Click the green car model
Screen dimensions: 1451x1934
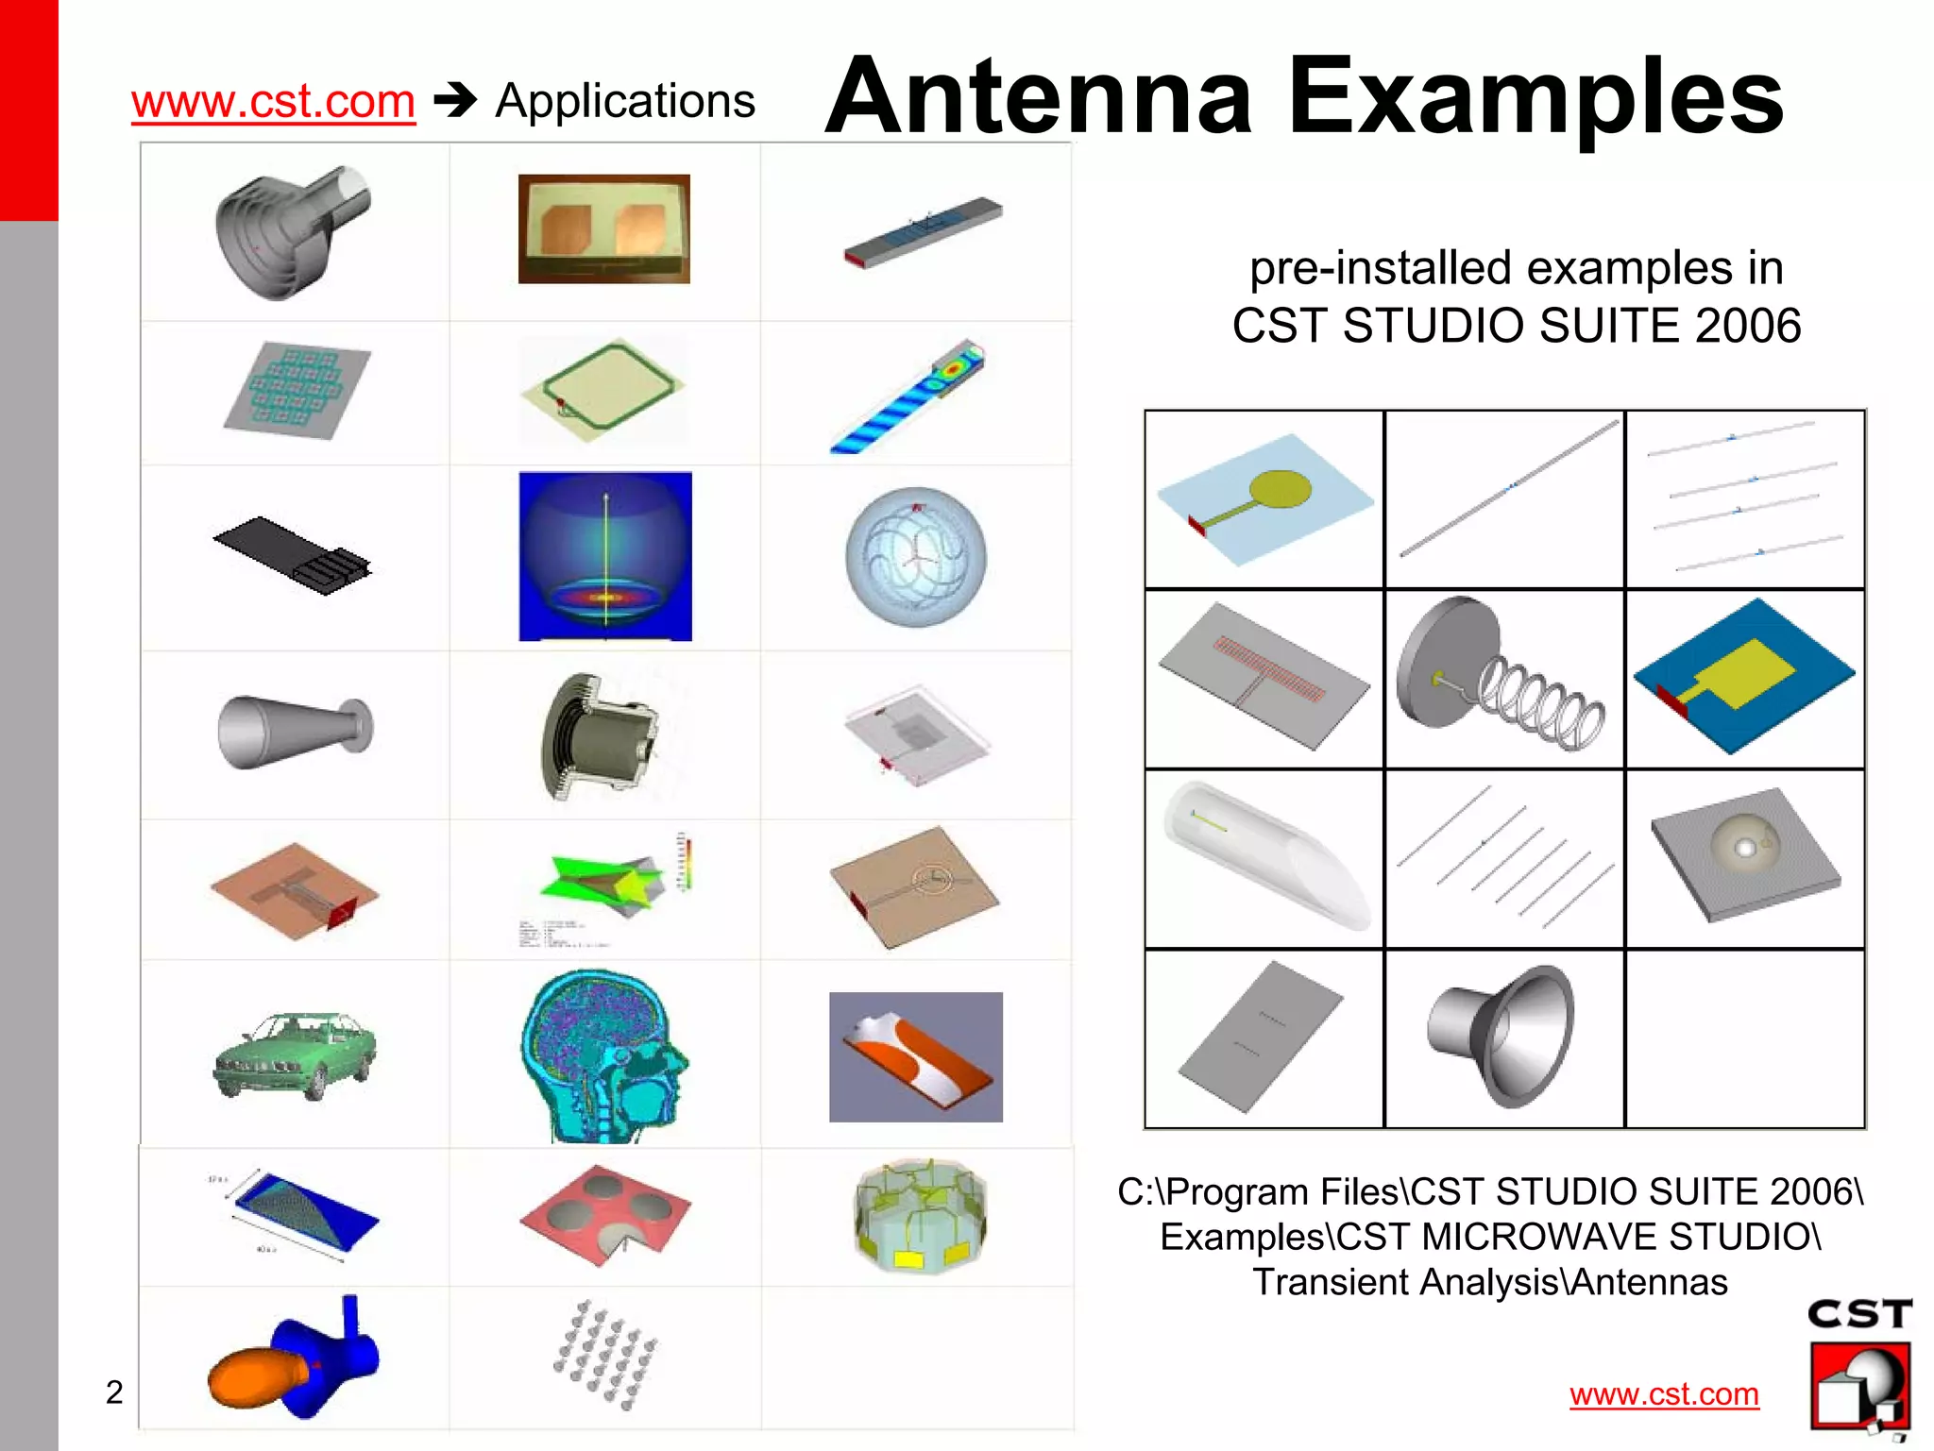pos(295,1055)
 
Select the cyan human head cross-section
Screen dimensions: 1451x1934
pos(604,1055)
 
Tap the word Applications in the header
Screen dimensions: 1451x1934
pos(624,101)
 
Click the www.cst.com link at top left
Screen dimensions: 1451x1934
pos(273,101)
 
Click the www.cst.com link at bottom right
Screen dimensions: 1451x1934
pos(1664,1393)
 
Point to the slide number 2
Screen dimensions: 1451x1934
pos(114,1392)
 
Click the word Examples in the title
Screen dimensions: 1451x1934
pos(1535,96)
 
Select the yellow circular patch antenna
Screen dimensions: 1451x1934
pos(1265,497)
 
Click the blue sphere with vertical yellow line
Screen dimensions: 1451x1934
pos(605,556)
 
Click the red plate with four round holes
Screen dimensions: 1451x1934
pos(605,1214)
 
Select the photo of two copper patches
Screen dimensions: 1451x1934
pos(604,228)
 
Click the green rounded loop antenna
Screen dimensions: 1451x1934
pos(602,389)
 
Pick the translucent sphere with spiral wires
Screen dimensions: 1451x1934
pos(916,557)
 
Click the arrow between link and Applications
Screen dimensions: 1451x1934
pos(455,101)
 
